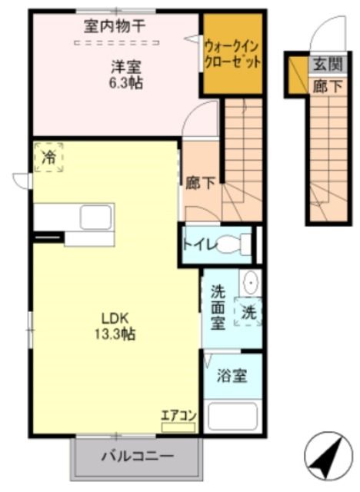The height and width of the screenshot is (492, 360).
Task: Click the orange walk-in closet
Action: coord(232,54)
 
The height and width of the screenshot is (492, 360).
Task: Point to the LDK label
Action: coord(116,318)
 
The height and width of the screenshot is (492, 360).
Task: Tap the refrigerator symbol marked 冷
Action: coord(48,159)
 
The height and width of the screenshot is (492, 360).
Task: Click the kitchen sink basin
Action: coord(96,216)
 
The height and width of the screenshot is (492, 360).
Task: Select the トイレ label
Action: coord(198,245)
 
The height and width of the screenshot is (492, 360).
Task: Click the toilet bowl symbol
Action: coord(235,244)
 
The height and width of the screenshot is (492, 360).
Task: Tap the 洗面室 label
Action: coord(218,307)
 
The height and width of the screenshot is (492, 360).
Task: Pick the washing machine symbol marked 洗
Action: coord(248,313)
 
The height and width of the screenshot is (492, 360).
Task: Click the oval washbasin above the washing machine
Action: coord(250,283)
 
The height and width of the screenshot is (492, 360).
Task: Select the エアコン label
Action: coord(178,416)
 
